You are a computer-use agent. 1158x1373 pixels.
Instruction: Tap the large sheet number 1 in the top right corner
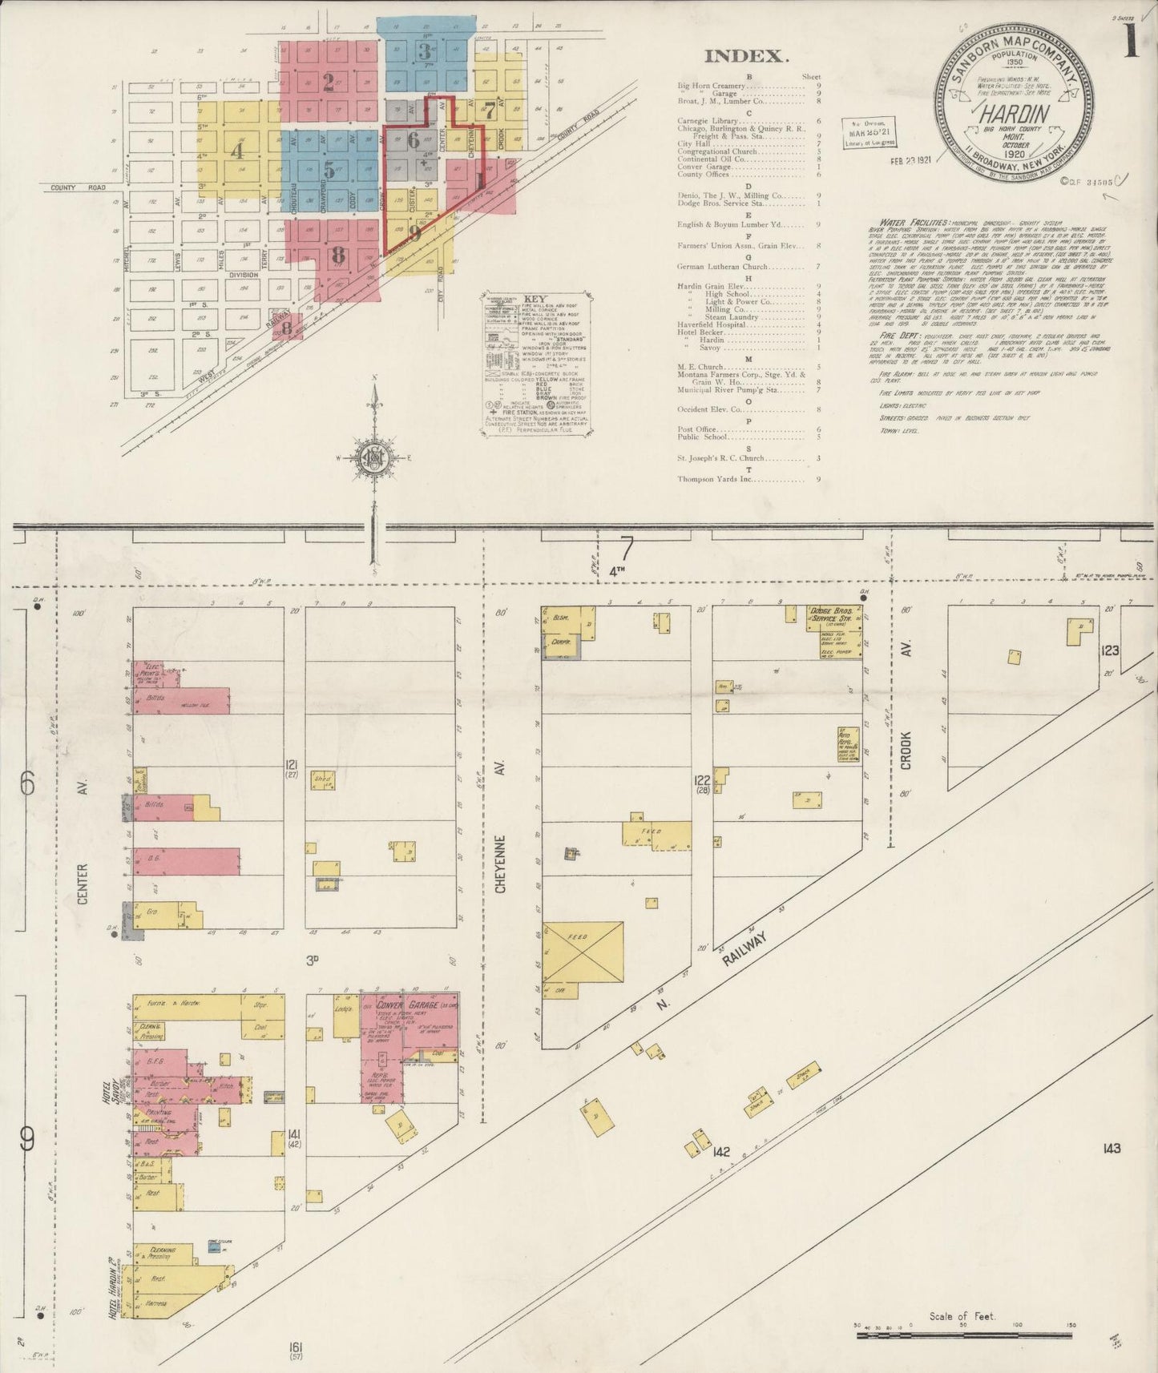click(1131, 42)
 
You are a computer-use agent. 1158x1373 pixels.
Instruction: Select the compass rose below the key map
click(373, 457)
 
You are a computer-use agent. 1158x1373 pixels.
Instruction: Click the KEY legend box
click(537, 364)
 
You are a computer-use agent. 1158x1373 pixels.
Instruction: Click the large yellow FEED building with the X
click(583, 952)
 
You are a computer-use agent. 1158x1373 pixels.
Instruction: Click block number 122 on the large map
click(702, 783)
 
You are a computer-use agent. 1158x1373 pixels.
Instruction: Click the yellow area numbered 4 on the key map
click(236, 149)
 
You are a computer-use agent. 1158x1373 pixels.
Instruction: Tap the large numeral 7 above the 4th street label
click(626, 549)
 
